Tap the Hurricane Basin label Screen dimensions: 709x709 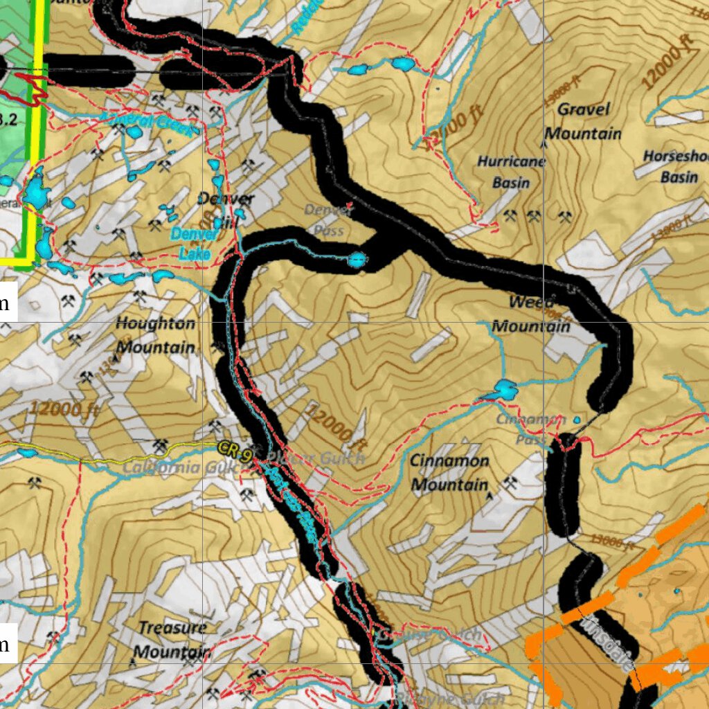click(x=511, y=172)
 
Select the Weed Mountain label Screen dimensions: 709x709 click(x=531, y=314)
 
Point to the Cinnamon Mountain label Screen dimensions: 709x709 click(x=449, y=472)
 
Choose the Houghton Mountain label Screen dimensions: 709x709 click(x=155, y=335)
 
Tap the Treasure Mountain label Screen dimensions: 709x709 click(x=172, y=639)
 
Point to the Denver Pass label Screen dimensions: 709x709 click(x=324, y=219)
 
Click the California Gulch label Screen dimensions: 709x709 click(x=181, y=468)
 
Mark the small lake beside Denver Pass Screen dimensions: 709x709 click(x=357, y=260)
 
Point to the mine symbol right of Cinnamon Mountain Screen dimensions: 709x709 click(x=510, y=483)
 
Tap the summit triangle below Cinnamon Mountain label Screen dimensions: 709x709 click(x=491, y=496)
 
